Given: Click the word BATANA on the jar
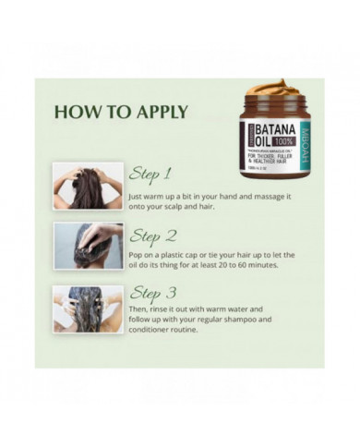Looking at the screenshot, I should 261,127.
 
